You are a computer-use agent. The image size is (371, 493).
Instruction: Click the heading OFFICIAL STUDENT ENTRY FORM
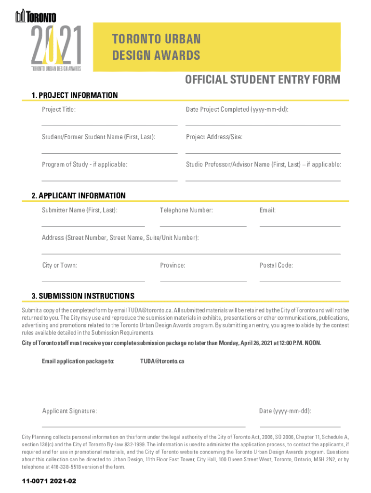click(263, 79)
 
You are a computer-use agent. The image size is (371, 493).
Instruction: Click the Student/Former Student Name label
click(98, 137)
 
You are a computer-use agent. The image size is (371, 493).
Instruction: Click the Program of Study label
click(85, 165)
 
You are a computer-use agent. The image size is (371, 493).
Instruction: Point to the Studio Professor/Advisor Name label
click(263, 165)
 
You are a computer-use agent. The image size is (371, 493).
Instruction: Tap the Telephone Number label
click(186, 210)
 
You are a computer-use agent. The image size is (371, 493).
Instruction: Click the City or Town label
click(59, 265)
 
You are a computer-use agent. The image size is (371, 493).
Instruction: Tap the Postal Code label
click(276, 265)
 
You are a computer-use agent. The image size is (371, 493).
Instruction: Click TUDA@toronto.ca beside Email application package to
click(162, 361)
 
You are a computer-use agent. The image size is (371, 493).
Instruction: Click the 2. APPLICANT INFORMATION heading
click(79, 195)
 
